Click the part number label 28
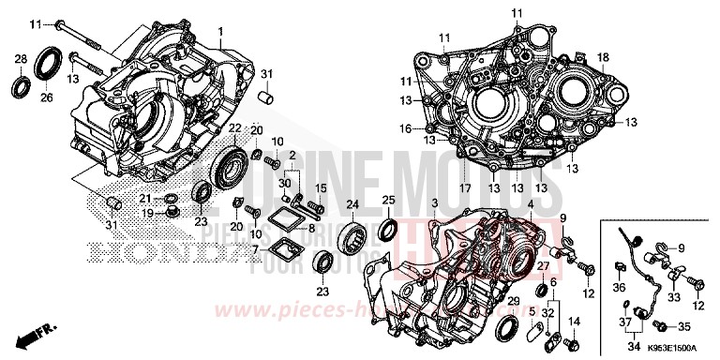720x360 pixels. pyautogui.click(x=21, y=60)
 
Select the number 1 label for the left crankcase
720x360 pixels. pyautogui.click(x=221, y=31)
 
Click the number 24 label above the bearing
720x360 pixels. pyautogui.click(x=352, y=203)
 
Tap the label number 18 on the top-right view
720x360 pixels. pyautogui.click(x=604, y=57)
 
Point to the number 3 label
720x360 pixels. pyautogui.click(x=434, y=203)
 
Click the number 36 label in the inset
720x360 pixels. pyautogui.click(x=620, y=286)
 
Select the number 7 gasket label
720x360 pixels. pyautogui.click(x=255, y=250)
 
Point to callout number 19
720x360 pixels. pyautogui.click(x=147, y=213)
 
